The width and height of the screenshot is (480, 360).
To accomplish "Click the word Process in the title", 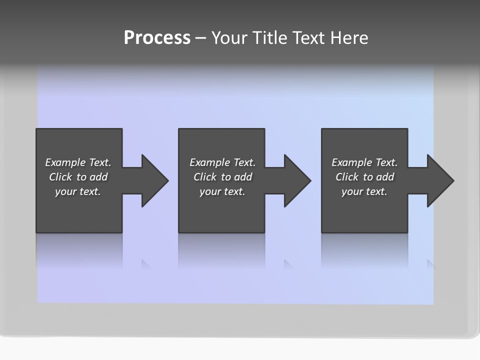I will (157, 38).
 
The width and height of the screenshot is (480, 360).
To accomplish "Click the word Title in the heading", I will (270, 38).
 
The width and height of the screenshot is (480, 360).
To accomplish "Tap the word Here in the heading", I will (348, 38).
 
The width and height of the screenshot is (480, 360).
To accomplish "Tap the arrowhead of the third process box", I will (439, 180).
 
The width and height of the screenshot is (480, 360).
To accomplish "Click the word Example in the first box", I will (65, 162).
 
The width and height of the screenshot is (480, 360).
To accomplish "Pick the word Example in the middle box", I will (210, 162).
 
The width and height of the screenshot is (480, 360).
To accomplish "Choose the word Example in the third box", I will (352, 162).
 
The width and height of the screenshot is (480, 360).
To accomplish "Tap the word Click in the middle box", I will (205, 177).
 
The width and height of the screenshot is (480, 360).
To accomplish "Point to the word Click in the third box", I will (347, 177).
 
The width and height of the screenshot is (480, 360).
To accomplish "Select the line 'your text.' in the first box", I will (78, 191).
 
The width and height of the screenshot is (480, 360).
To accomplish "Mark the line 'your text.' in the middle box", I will (222, 191).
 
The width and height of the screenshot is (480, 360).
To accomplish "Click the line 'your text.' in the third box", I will (364, 191).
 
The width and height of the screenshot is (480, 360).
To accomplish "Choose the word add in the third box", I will (385, 177).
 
